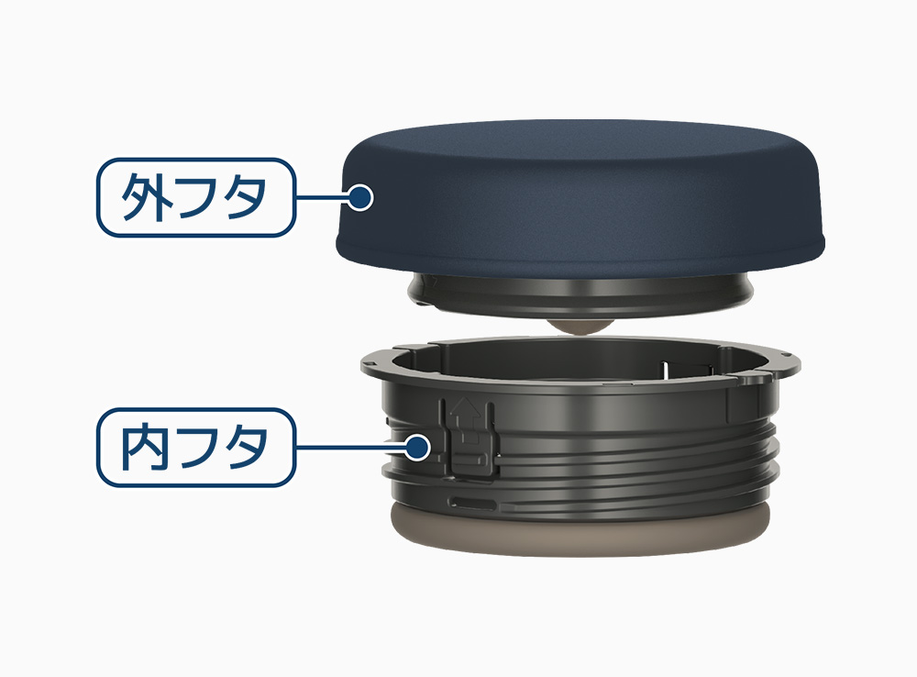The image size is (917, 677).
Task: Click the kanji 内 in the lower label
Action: (x=146, y=447)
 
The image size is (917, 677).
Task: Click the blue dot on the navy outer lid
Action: (x=360, y=197)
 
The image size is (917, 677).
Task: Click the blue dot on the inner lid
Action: (x=417, y=448)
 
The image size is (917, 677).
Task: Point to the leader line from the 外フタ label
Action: (x=322, y=197)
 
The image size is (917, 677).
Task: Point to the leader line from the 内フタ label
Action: (x=350, y=448)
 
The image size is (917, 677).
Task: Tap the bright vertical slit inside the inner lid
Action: (x=665, y=371)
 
